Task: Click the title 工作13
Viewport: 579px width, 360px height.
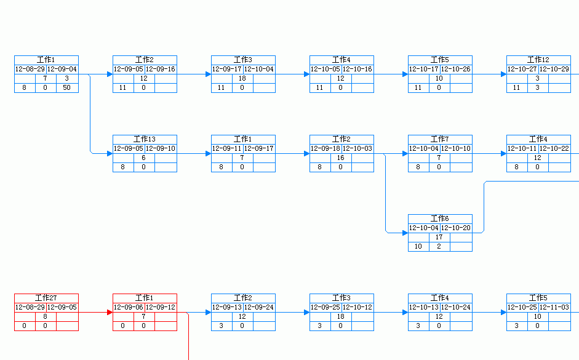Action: pyautogui.click(x=145, y=139)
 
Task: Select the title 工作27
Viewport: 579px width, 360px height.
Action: pyautogui.click(x=46, y=298)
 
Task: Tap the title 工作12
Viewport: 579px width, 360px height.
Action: pyautogui.click(x=538, y=60)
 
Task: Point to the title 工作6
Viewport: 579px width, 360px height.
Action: pyautogui.click(x=440, y=218)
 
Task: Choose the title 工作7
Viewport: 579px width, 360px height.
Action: pyautogui.click(x=440, y=139)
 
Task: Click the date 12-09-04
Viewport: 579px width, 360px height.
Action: pyautogui.click(x=62, y=69)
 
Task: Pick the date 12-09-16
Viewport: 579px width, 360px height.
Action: pyautogui.click(x=161, y=69)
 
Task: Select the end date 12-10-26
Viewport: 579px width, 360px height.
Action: pyautogui.click(x=456, y=69)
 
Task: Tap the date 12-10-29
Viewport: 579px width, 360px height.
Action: pyautogui.click(x=554, y=69)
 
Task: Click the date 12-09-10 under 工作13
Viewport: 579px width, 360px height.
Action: pyautogui.click(x=161, y=148)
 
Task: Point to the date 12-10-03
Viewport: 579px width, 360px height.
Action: pyautogui.click(x=357, y=148)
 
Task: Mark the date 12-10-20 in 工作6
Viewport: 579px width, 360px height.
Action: pyautogui.click(x=456, y=228)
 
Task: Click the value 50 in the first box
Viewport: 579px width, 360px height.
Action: pyautogui.click(x=66, y=88)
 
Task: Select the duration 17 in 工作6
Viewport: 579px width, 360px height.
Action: pyautogui.click(x=439, y=237)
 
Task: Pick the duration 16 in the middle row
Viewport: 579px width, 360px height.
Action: pyautogui.click(x=341, y=158)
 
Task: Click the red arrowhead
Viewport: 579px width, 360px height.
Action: pyautogui.click(x=110, y=312)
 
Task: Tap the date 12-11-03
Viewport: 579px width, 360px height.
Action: pyautogui.click(x=554, y=307)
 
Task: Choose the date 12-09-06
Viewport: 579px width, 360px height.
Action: pyautogui.click(x=129, y=307)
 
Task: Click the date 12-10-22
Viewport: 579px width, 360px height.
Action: pyautogui.click(x=554, y=148)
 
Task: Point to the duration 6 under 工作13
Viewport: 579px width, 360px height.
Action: pyautogui.click(x=144, y=158)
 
